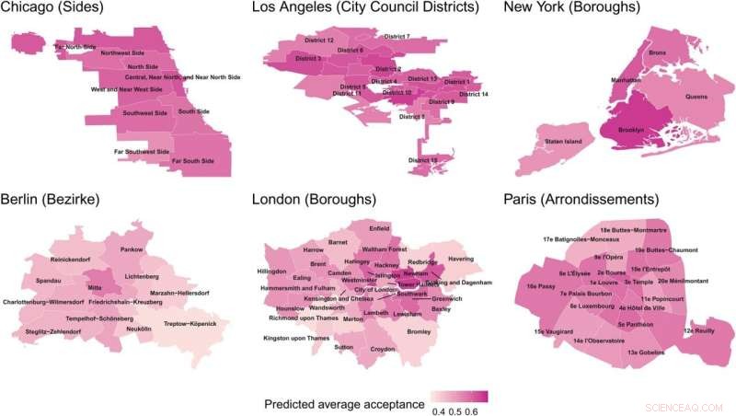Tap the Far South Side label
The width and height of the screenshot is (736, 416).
(x=193, y=161)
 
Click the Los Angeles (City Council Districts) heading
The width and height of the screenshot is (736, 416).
(x=365, y=9)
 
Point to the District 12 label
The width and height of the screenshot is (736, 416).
(x=317, y=41)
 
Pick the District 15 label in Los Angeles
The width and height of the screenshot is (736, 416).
(x=421, y=160)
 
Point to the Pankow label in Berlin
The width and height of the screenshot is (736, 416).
(x=132, y=249)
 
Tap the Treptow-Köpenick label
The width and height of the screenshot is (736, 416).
(x=190, y=324)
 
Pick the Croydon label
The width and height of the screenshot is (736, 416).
(x=384, y=350)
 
